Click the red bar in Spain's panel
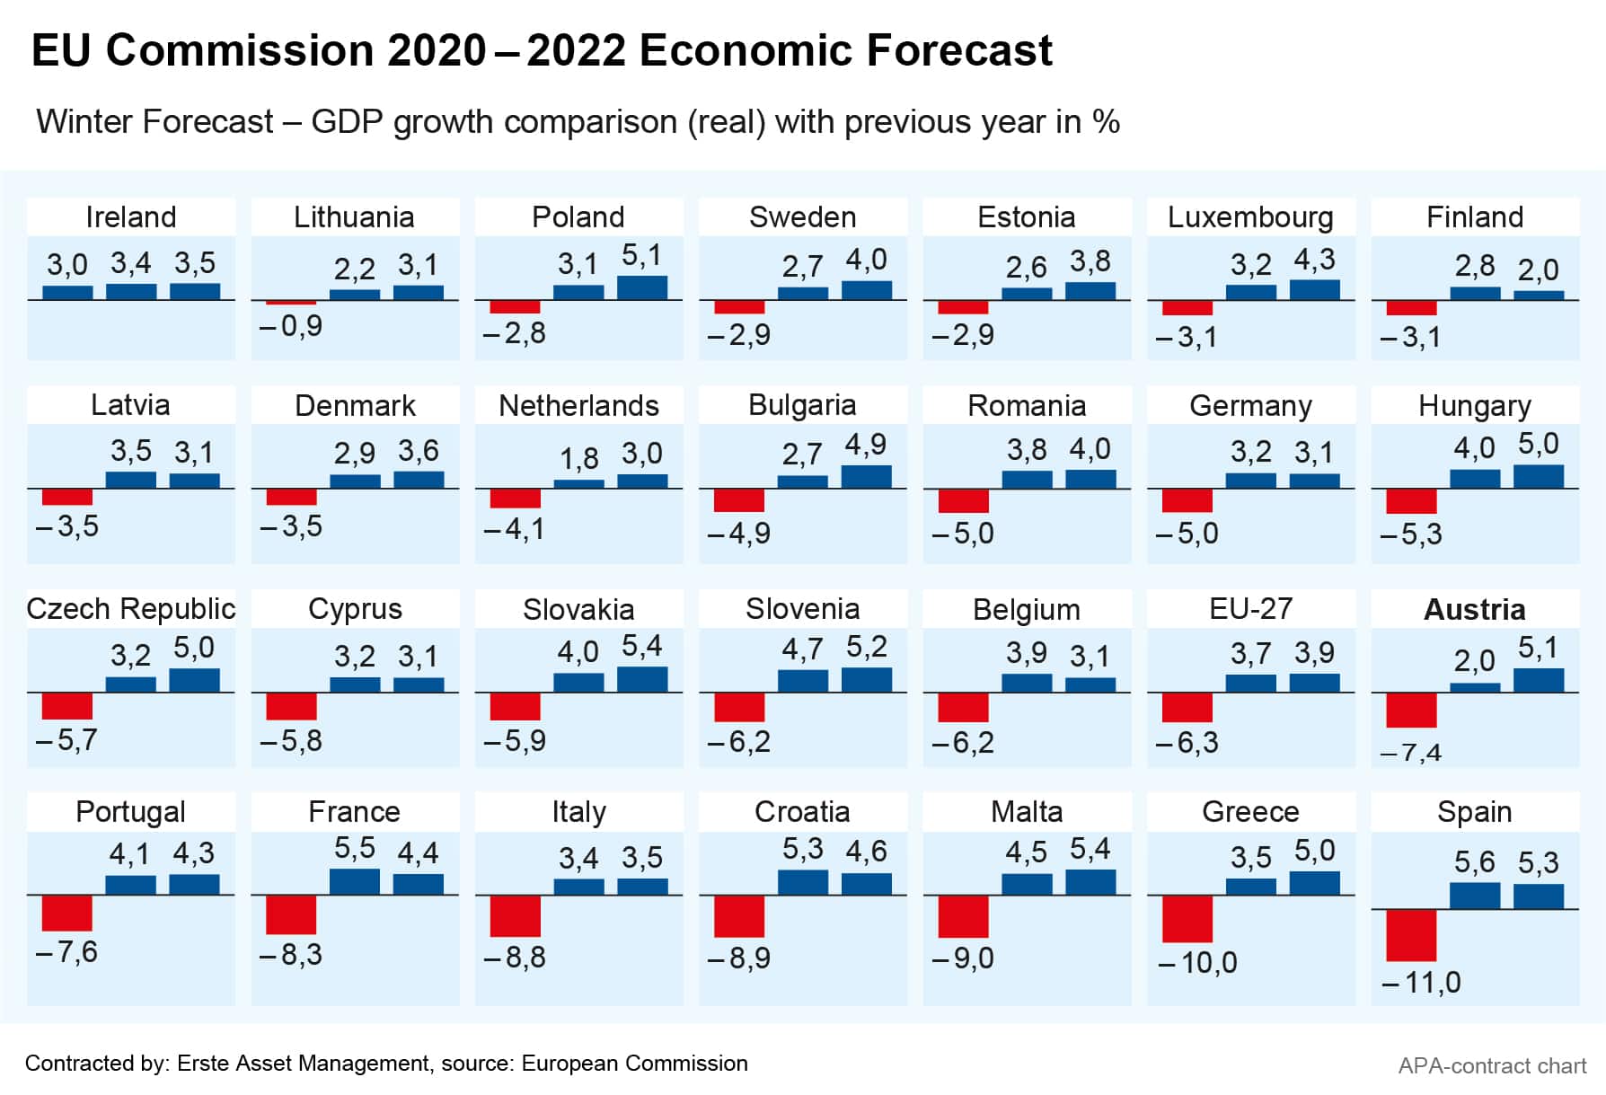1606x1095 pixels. click(1411, 935)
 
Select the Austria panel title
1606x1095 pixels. click(1474, 610)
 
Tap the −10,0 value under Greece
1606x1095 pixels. click(1197, 963)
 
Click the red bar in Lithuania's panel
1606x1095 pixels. click(291, 303)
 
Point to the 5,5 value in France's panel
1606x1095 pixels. click(355, 848)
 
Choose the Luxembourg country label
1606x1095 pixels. click(1250, 217)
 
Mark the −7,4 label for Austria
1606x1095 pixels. click(1410, 753)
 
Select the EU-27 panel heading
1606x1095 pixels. click(1250, 609)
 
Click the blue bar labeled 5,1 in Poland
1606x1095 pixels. click(642, 287)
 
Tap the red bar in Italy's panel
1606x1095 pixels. click(516, 916)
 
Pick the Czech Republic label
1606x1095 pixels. click(131, 609)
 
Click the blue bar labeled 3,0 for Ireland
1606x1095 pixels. click(67, 293)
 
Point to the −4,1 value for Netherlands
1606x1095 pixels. click(514, 529)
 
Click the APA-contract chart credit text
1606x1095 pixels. click(1492, 1066)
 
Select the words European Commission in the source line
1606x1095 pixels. click(634, 1064)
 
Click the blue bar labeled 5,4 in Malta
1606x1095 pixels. click(1090, 882)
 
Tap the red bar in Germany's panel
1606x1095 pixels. click(1187, 500)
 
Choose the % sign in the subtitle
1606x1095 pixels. click(1107, 122)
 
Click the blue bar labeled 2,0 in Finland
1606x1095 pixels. click(1539, 295)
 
